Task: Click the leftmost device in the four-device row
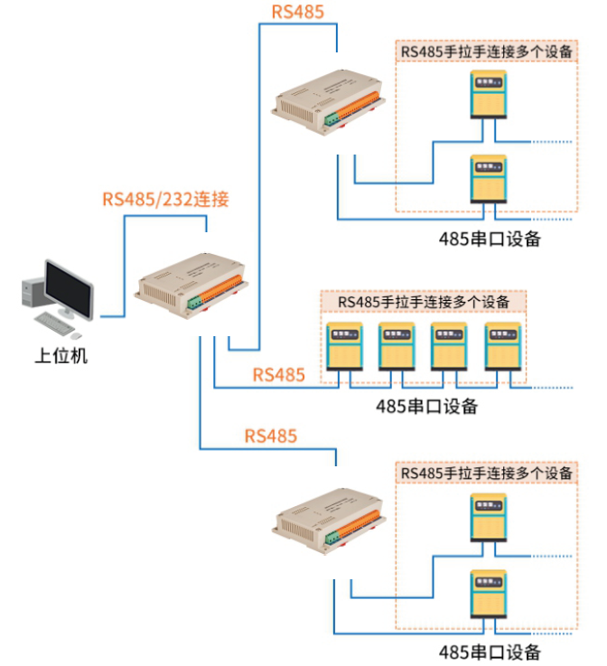[344, 347]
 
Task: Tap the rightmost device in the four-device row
[504, 347]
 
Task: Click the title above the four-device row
[424, 301]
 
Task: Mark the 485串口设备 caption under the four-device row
[426, 407]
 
